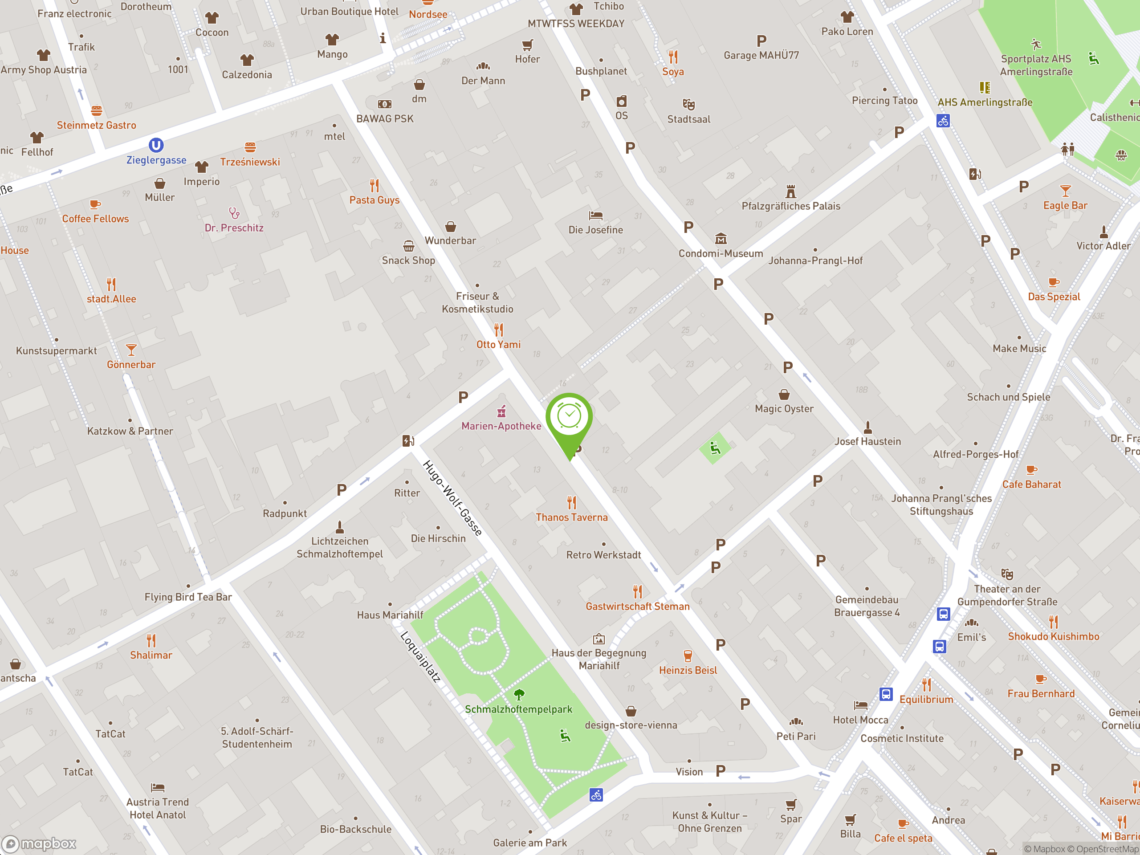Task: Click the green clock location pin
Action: [x=569, y=417]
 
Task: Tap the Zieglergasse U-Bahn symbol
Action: [x=156, y=145]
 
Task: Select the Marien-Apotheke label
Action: [x=501, y=426]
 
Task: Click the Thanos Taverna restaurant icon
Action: [x=571, y=502]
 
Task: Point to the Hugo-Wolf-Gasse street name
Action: [x=452, y=498]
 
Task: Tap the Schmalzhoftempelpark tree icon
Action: [x=519, y=695]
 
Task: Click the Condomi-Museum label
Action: [x=721, y=253]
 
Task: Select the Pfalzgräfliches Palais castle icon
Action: [x=790, y=192]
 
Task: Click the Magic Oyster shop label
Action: [x=784, y=409]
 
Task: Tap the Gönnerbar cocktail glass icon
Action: [x=131, y=350]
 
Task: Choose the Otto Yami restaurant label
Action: [x=498, y=345]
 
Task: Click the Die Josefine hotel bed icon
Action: [x=596, y=216]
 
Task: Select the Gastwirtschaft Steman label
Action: [x=638, y=607]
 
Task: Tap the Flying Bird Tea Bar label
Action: [x=188, y=597]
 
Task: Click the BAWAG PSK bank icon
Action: [x=384, y=104]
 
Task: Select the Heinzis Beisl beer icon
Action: [x=688, y=655]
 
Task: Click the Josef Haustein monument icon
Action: [x=868, y=427]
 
